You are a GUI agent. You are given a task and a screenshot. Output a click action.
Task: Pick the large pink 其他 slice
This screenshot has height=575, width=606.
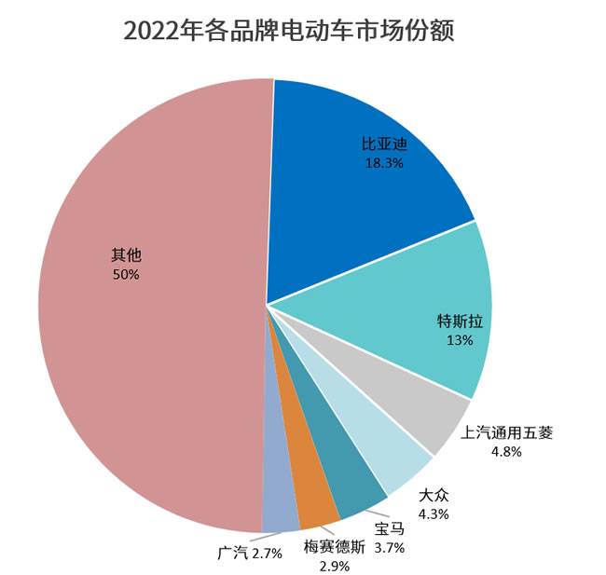(149, 308)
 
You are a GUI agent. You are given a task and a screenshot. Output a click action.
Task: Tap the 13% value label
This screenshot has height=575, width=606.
(461, 340)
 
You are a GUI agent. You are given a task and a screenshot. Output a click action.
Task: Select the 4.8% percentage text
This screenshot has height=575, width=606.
(506, 451)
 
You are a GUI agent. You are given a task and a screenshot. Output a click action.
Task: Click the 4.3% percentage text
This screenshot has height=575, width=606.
(434, 513)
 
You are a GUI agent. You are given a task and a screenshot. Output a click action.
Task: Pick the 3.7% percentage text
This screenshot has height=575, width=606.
(390, 548)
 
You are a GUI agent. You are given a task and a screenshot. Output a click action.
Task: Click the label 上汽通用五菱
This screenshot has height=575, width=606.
(507, 432)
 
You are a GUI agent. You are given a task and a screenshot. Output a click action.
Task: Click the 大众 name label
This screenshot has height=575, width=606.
(434, 495)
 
